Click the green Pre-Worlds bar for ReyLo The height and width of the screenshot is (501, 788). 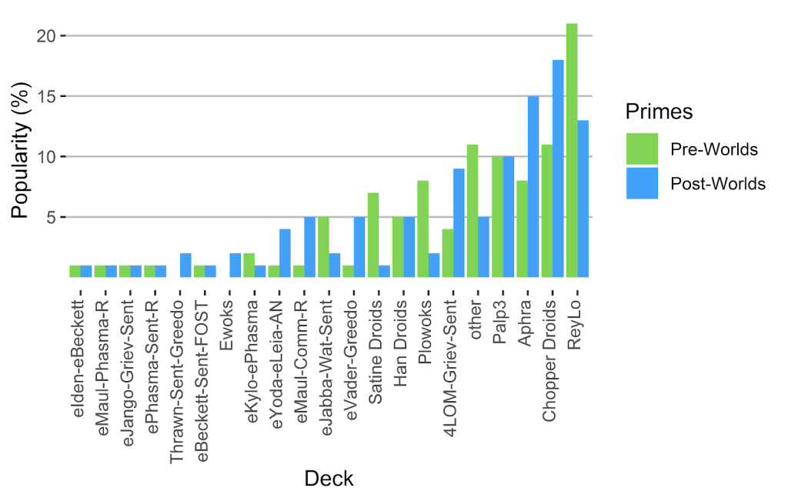pyautogui.click(x=571, y=150)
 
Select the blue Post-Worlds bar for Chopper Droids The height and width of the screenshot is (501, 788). pyautogui.click(x=558, y=169)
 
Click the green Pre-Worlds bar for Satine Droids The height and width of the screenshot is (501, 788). pyautogui.click(x=372, y=235)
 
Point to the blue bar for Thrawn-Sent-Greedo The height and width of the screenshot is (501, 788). pyautogui.click(x=185, y=265)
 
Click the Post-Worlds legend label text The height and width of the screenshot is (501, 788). pyautogui.click(x=718, y=184)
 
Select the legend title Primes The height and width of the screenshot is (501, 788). pyautogui.click(x=659, y=112)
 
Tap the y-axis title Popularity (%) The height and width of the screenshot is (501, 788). pyautogui.click(x=22, y=157)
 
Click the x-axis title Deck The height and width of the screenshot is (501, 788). pyautogui.click(x=329, y=479)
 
